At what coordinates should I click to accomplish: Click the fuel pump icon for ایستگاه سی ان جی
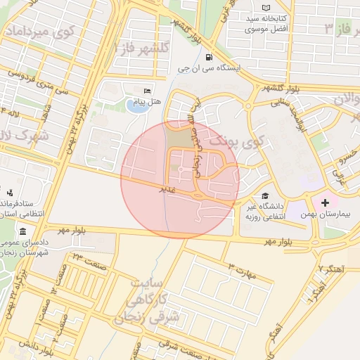(x=208, y=58)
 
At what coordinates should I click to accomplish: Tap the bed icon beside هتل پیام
(x=147, y=91)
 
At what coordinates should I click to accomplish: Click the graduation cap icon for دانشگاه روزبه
(x=265, y=196)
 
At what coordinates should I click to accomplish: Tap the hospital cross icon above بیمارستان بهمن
(x=325, y=203)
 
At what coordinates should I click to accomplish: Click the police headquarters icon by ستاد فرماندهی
(x=11, y=192)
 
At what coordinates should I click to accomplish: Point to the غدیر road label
(x=166, y=190)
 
